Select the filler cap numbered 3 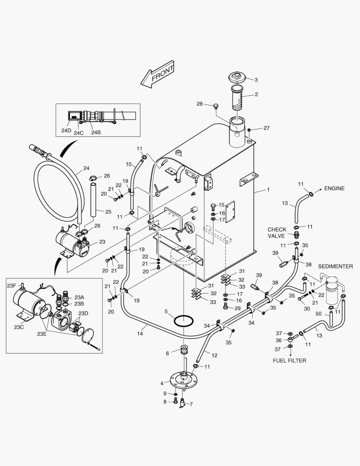[x=237, y=79]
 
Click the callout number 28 [x=200, y=104]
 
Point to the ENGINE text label [x=334, y=189]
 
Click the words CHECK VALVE [x=277, y=233]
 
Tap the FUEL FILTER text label [x=290, y=360]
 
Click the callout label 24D [x=66, y=131]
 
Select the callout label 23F [x=12, y=285]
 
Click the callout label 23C [x=19, y=327]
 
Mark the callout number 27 [x=266, y=128]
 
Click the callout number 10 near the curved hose [x=128, y=164]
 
